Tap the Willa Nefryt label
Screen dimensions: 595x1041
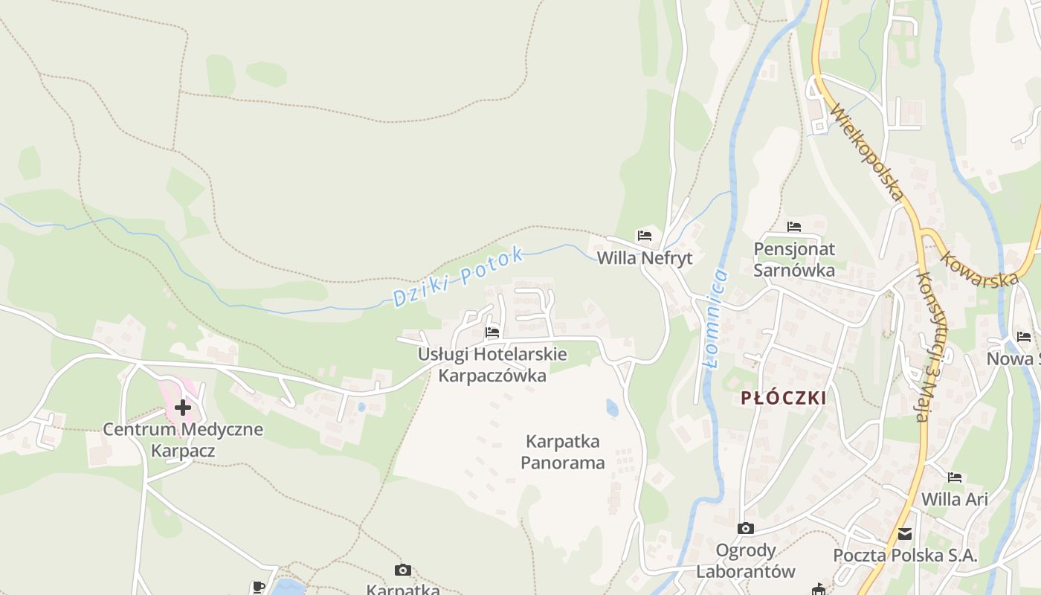[645, 258]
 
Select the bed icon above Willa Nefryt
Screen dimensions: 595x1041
[645, 236]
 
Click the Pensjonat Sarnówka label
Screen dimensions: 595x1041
[794, 259]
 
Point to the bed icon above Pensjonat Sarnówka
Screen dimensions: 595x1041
[794, 226]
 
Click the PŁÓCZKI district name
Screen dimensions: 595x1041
[784, 398]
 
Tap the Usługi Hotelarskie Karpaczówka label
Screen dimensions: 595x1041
[492, 364]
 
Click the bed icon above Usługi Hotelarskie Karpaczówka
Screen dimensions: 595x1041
[492, 332]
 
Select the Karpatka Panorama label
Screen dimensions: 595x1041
[562, 452]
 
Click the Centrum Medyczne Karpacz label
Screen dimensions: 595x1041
[183, 440]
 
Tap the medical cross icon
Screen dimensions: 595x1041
[183, 407]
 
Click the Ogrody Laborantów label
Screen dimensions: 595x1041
[746, 561]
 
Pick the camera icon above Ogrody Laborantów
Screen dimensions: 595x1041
[745, 528]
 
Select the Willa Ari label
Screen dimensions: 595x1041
[955, 499]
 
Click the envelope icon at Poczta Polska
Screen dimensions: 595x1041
[905, 533]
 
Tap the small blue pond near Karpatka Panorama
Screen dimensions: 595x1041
[612, 408]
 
